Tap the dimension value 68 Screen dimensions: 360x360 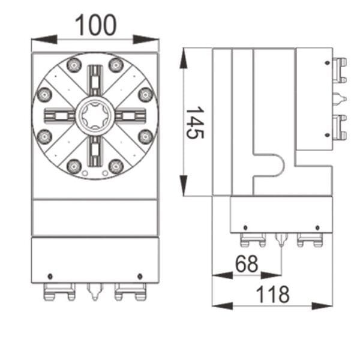(247, 263)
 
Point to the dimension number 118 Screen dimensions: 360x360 (272, 295)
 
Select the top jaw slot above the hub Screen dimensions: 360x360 (95, 81)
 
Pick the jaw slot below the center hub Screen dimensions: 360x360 (95, 149)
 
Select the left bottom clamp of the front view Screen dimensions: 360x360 (59, 293)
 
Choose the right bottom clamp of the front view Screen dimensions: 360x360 (130, 293)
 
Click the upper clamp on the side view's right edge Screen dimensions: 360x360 (340, 70)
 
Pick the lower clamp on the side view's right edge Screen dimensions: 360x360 (340, 127)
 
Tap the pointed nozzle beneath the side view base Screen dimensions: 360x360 (281, 241)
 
